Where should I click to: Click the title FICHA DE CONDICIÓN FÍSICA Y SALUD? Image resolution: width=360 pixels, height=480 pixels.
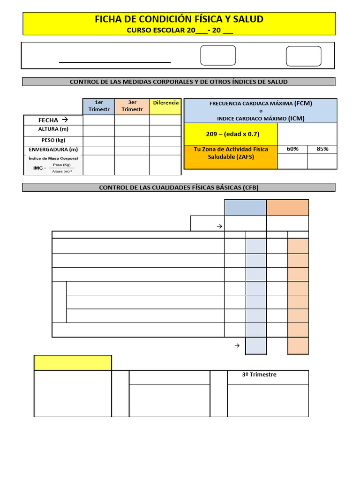179,19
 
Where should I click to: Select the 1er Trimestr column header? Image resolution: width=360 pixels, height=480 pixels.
99,106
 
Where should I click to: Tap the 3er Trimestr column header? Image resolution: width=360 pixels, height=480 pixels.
132,106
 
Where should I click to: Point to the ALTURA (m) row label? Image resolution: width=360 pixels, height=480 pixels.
53,129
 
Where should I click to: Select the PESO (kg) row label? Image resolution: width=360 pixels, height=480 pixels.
53,140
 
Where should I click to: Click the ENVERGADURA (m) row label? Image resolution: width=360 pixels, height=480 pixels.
53,150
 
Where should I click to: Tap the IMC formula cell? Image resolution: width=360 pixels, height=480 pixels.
53,165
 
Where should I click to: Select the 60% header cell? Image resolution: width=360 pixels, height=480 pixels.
292,149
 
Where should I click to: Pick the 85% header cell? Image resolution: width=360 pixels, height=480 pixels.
322,149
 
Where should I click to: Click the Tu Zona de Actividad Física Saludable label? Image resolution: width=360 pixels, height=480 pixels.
231,153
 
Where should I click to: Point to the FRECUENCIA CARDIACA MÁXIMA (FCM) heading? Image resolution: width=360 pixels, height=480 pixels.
261,103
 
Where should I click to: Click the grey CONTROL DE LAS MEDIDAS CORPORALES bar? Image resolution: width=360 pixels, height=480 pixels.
179,82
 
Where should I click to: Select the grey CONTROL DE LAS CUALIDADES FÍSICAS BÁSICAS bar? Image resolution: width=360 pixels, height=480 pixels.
179,187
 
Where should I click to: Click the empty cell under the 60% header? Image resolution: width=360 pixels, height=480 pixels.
292,161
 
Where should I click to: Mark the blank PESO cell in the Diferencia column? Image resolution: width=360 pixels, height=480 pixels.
165,140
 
